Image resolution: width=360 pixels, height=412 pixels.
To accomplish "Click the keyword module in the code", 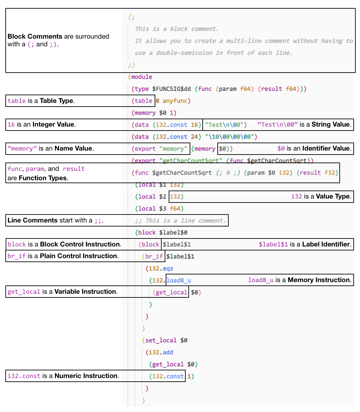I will [x=142, y=77].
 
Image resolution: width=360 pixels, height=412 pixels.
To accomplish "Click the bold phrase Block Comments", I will [x=35, y=36].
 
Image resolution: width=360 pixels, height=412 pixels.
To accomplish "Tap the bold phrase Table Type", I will [x=56, y=101].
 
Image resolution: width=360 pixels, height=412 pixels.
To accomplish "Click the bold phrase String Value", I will [x=331, y=125].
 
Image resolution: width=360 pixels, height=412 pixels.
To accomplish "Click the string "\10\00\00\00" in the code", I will [x=231, y=137].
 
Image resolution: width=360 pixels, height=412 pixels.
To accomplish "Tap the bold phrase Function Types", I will [x=43, y=178].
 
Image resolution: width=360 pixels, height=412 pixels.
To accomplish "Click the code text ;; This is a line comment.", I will [x=181, y=220].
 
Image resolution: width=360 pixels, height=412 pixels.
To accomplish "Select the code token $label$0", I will [x=173, y=232].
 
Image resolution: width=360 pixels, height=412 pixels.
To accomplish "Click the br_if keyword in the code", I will [x=154, y=256].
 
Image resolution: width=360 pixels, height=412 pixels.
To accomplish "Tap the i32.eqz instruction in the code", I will [x=161, y=268].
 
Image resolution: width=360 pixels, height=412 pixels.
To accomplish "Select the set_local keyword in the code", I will [x=161, y=340].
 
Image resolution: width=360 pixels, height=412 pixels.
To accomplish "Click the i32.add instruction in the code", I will [x=161, y=352].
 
